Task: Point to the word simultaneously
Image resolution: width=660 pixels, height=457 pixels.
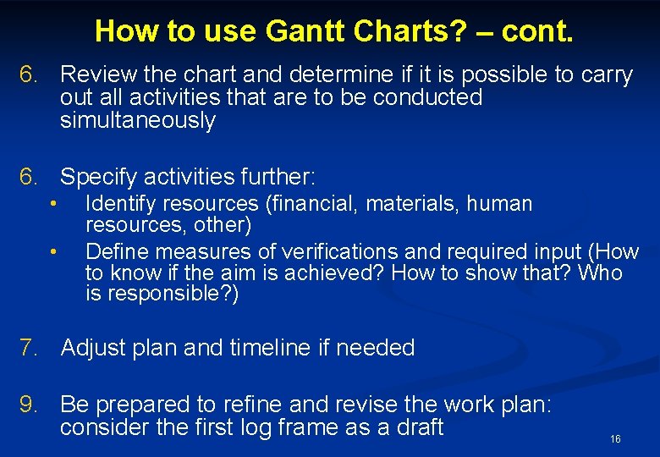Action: [138, 120]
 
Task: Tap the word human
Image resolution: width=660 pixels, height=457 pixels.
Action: [502, 204]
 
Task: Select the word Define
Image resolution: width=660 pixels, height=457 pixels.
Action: [118, 251]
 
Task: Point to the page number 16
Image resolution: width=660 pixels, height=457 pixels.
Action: [615, 439]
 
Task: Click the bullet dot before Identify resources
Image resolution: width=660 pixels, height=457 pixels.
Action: [52, 204]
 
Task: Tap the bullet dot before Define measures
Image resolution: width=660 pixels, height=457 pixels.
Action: [52, 251]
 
